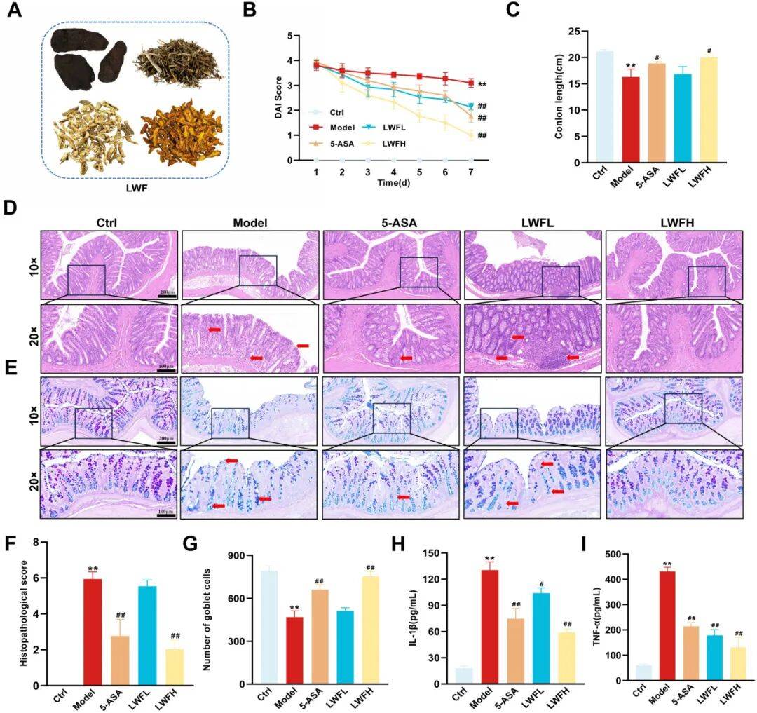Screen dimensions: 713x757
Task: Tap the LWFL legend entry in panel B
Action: pos(385,127)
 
